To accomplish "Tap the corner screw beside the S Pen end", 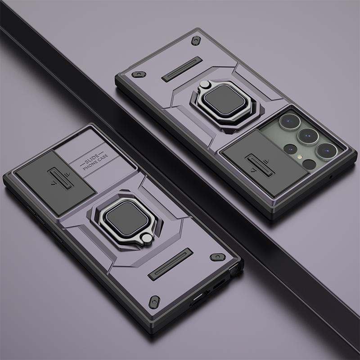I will [217, 257].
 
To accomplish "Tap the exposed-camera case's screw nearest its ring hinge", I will [196, 40].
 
